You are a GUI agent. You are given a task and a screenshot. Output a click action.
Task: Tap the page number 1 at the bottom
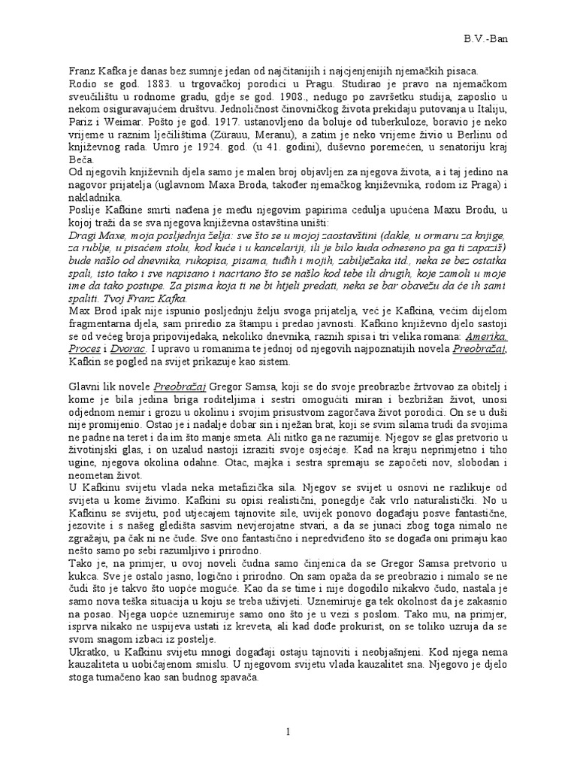[x=288, y=731]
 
